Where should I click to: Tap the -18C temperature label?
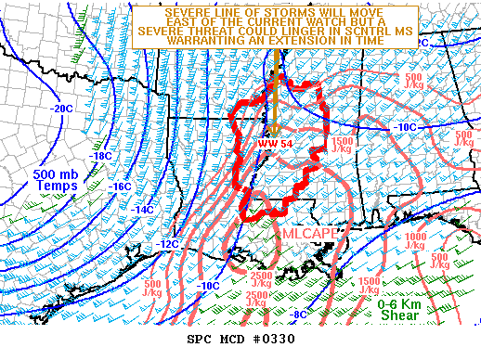(x=100, y=156)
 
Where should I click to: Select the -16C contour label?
(x=121, y=186)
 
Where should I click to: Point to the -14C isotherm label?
(x=143, y=210)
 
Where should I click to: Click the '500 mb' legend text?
(x=48, y=174)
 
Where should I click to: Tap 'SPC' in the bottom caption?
(x=202, y=340)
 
